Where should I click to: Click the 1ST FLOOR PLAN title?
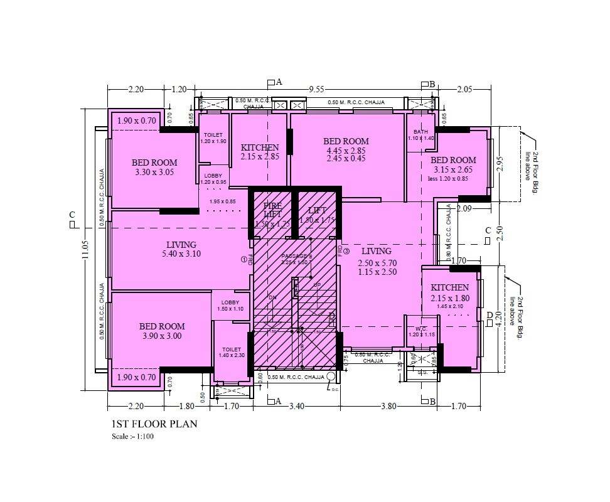(x=154, y=424)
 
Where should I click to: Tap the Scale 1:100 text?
(x=132, y=437)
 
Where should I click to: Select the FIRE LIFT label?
(x=272, y=210)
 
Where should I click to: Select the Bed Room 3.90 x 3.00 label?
(x=162, y=331)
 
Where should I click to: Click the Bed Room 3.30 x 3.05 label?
(x=154, y=167)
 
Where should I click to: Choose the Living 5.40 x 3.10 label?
(x=181, y=249)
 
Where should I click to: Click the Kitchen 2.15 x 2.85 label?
(x=259, y=152)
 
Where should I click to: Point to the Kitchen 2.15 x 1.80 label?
(x=449, y=292)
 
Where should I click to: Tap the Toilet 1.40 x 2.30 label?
(x=231, y=353)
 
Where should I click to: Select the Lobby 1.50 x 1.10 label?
(x=230, y=306)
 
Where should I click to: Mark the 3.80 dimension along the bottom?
(x=388, y=407)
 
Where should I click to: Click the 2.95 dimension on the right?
(x=500, y=164)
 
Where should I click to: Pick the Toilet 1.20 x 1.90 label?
(x=213, y=138)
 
